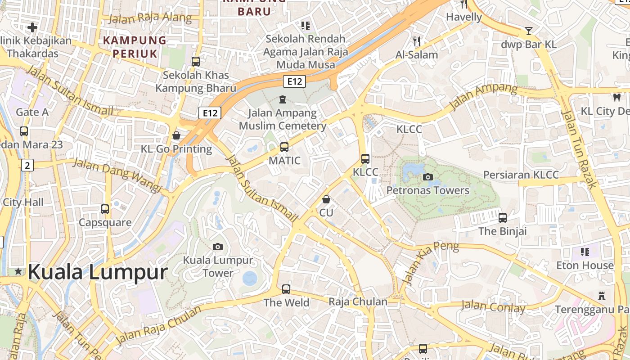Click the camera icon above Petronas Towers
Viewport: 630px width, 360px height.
pos(428,177)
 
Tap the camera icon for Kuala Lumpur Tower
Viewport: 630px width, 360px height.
pos(218,247)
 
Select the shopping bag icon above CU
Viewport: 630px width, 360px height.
pos(326,199)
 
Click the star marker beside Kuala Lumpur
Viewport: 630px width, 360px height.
pos(18,271)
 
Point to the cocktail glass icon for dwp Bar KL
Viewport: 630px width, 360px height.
pos(529,31)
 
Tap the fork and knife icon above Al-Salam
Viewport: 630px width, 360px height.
pos(417,41)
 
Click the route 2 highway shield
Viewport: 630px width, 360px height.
pos(27,165)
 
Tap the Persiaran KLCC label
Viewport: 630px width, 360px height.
pos(521,175)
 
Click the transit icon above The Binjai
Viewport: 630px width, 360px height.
pos(503,218)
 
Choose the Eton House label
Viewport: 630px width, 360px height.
pos(585,265)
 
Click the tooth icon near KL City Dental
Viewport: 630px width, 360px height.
pos(616,97)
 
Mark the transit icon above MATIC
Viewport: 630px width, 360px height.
pos(284,147)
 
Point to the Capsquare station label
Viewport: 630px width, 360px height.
pos(105,222)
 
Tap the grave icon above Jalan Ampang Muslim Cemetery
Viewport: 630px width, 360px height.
pos(283,99)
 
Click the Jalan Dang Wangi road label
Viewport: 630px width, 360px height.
pos(117,175)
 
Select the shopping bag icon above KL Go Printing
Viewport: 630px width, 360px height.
pos(176,135)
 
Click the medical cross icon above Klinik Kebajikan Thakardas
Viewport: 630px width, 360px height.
pos(32,27)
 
